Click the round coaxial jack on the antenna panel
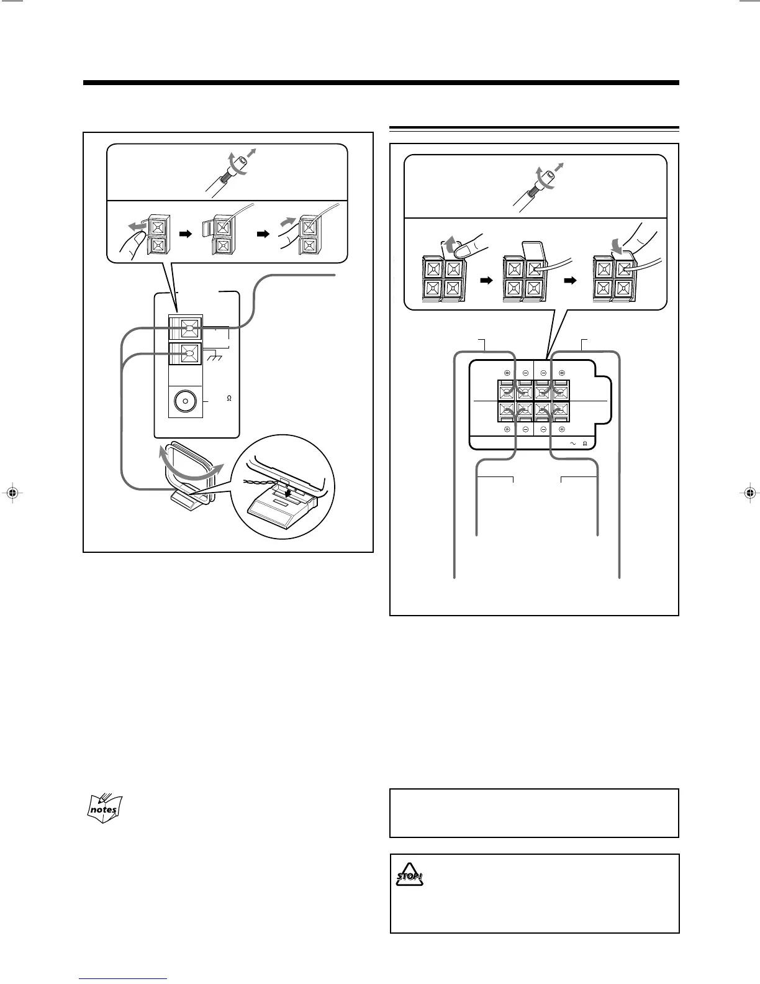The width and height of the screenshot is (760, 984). tap(184, 403)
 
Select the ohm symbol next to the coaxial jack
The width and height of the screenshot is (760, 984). tap(229, 398)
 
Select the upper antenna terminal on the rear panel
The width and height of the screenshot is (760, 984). tap(189, 327)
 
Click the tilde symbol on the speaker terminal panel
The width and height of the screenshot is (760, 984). tap(574, 443)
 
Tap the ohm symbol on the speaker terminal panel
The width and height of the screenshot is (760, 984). tap(585, 443)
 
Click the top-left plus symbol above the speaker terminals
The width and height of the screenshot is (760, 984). tap(507, 373)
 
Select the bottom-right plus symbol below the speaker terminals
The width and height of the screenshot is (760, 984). tap(561, 429)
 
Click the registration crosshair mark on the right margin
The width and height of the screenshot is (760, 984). tap(750, 493)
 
